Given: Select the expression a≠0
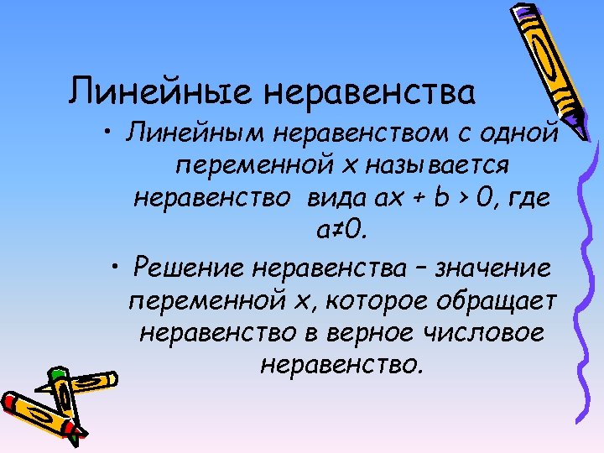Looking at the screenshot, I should click(x=339, y=229).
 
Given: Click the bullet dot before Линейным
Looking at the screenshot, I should click(x=110, y=133).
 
